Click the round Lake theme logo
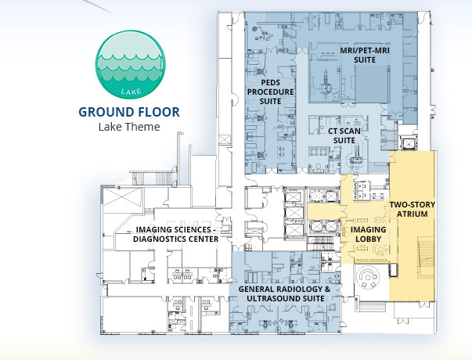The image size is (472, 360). (131, 64)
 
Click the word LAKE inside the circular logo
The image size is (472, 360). (131, 92)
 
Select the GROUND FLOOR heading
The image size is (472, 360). (129, 112)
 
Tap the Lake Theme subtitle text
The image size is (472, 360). (129, 127)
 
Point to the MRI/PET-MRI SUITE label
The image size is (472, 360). (365, 55)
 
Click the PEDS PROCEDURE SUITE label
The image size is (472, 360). (271, 92)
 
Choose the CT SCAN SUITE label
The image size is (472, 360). (344, 135)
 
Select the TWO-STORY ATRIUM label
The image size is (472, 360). (413, 209)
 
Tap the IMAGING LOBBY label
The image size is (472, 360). (368, 234)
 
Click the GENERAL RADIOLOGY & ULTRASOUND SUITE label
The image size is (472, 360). (285, 293)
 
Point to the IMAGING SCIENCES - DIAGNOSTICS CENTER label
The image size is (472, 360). (176, 234)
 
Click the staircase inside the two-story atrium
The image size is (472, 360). (426, 255)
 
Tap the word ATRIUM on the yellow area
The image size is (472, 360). (413, 214)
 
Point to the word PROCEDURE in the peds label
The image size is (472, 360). (271, 92)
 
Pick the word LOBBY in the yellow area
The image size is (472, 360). (369, 239)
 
